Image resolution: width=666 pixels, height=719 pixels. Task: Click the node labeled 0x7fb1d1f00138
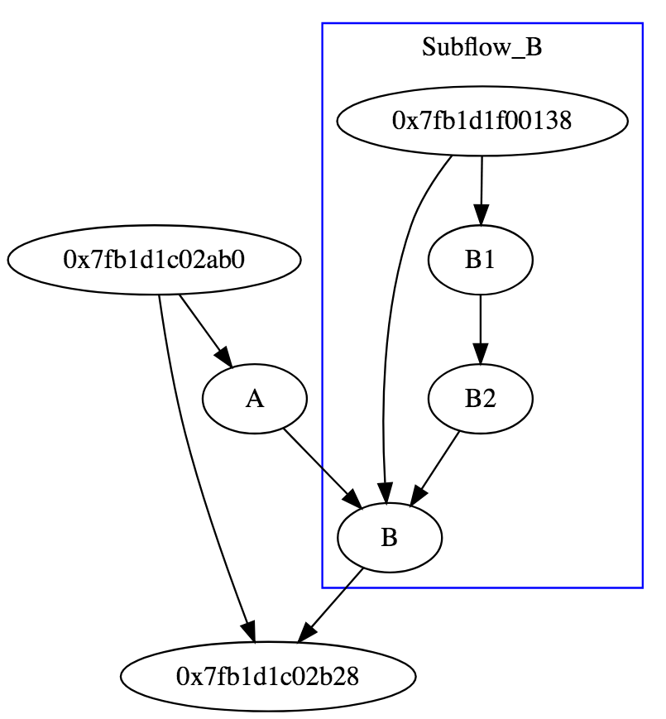[x=482, y=121]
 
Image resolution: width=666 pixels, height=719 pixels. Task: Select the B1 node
[x=480, y=261]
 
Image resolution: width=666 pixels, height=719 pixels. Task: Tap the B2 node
[x=480, y=400]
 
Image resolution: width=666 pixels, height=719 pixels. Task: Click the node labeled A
[x=255, y=400]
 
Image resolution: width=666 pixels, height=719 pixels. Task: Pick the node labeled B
[x=390, y=539]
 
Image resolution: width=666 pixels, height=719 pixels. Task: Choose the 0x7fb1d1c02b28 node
[x=268, y=677]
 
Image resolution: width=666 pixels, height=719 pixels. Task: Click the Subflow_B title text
[x=482, y=47]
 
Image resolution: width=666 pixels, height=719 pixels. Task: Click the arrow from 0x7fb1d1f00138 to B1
[x=481, y=186]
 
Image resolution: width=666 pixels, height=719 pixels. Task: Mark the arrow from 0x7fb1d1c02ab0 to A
[x=202, y=327]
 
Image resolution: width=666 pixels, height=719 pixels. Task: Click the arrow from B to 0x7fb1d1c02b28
[x=332, y=604]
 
